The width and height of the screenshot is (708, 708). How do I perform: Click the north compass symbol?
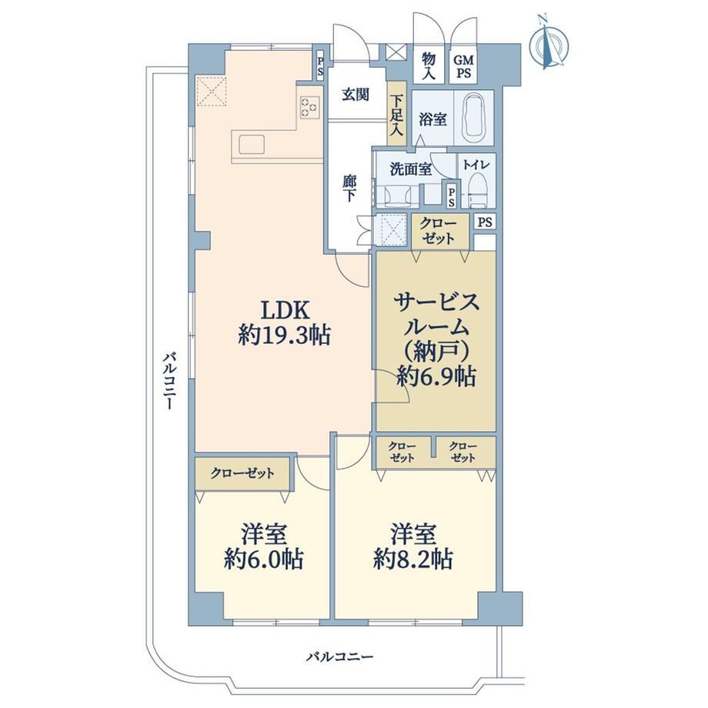pos(550,43)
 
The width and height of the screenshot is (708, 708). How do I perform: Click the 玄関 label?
pos(356,95)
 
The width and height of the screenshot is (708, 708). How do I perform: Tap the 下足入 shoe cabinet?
pos(396,114)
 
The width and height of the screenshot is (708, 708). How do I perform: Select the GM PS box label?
pos(463,66)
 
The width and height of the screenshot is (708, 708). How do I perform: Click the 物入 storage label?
pos(428,66)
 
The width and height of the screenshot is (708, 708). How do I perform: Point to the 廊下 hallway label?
pos(349,189)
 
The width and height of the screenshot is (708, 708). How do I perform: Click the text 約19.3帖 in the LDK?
pos(285,336)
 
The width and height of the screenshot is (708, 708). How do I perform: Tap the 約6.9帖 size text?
pos(436,376)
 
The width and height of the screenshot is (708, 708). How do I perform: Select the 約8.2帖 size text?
pos(413,560)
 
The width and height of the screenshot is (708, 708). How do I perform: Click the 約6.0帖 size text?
pos(263,560)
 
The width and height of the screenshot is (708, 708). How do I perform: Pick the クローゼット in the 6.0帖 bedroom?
pos(242,473)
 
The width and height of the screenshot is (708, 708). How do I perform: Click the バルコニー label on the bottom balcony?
pos(340,656)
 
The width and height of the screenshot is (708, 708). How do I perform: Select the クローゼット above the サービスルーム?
pos(439,231)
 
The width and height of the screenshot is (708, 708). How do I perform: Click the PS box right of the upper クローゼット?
pos(485,222)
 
